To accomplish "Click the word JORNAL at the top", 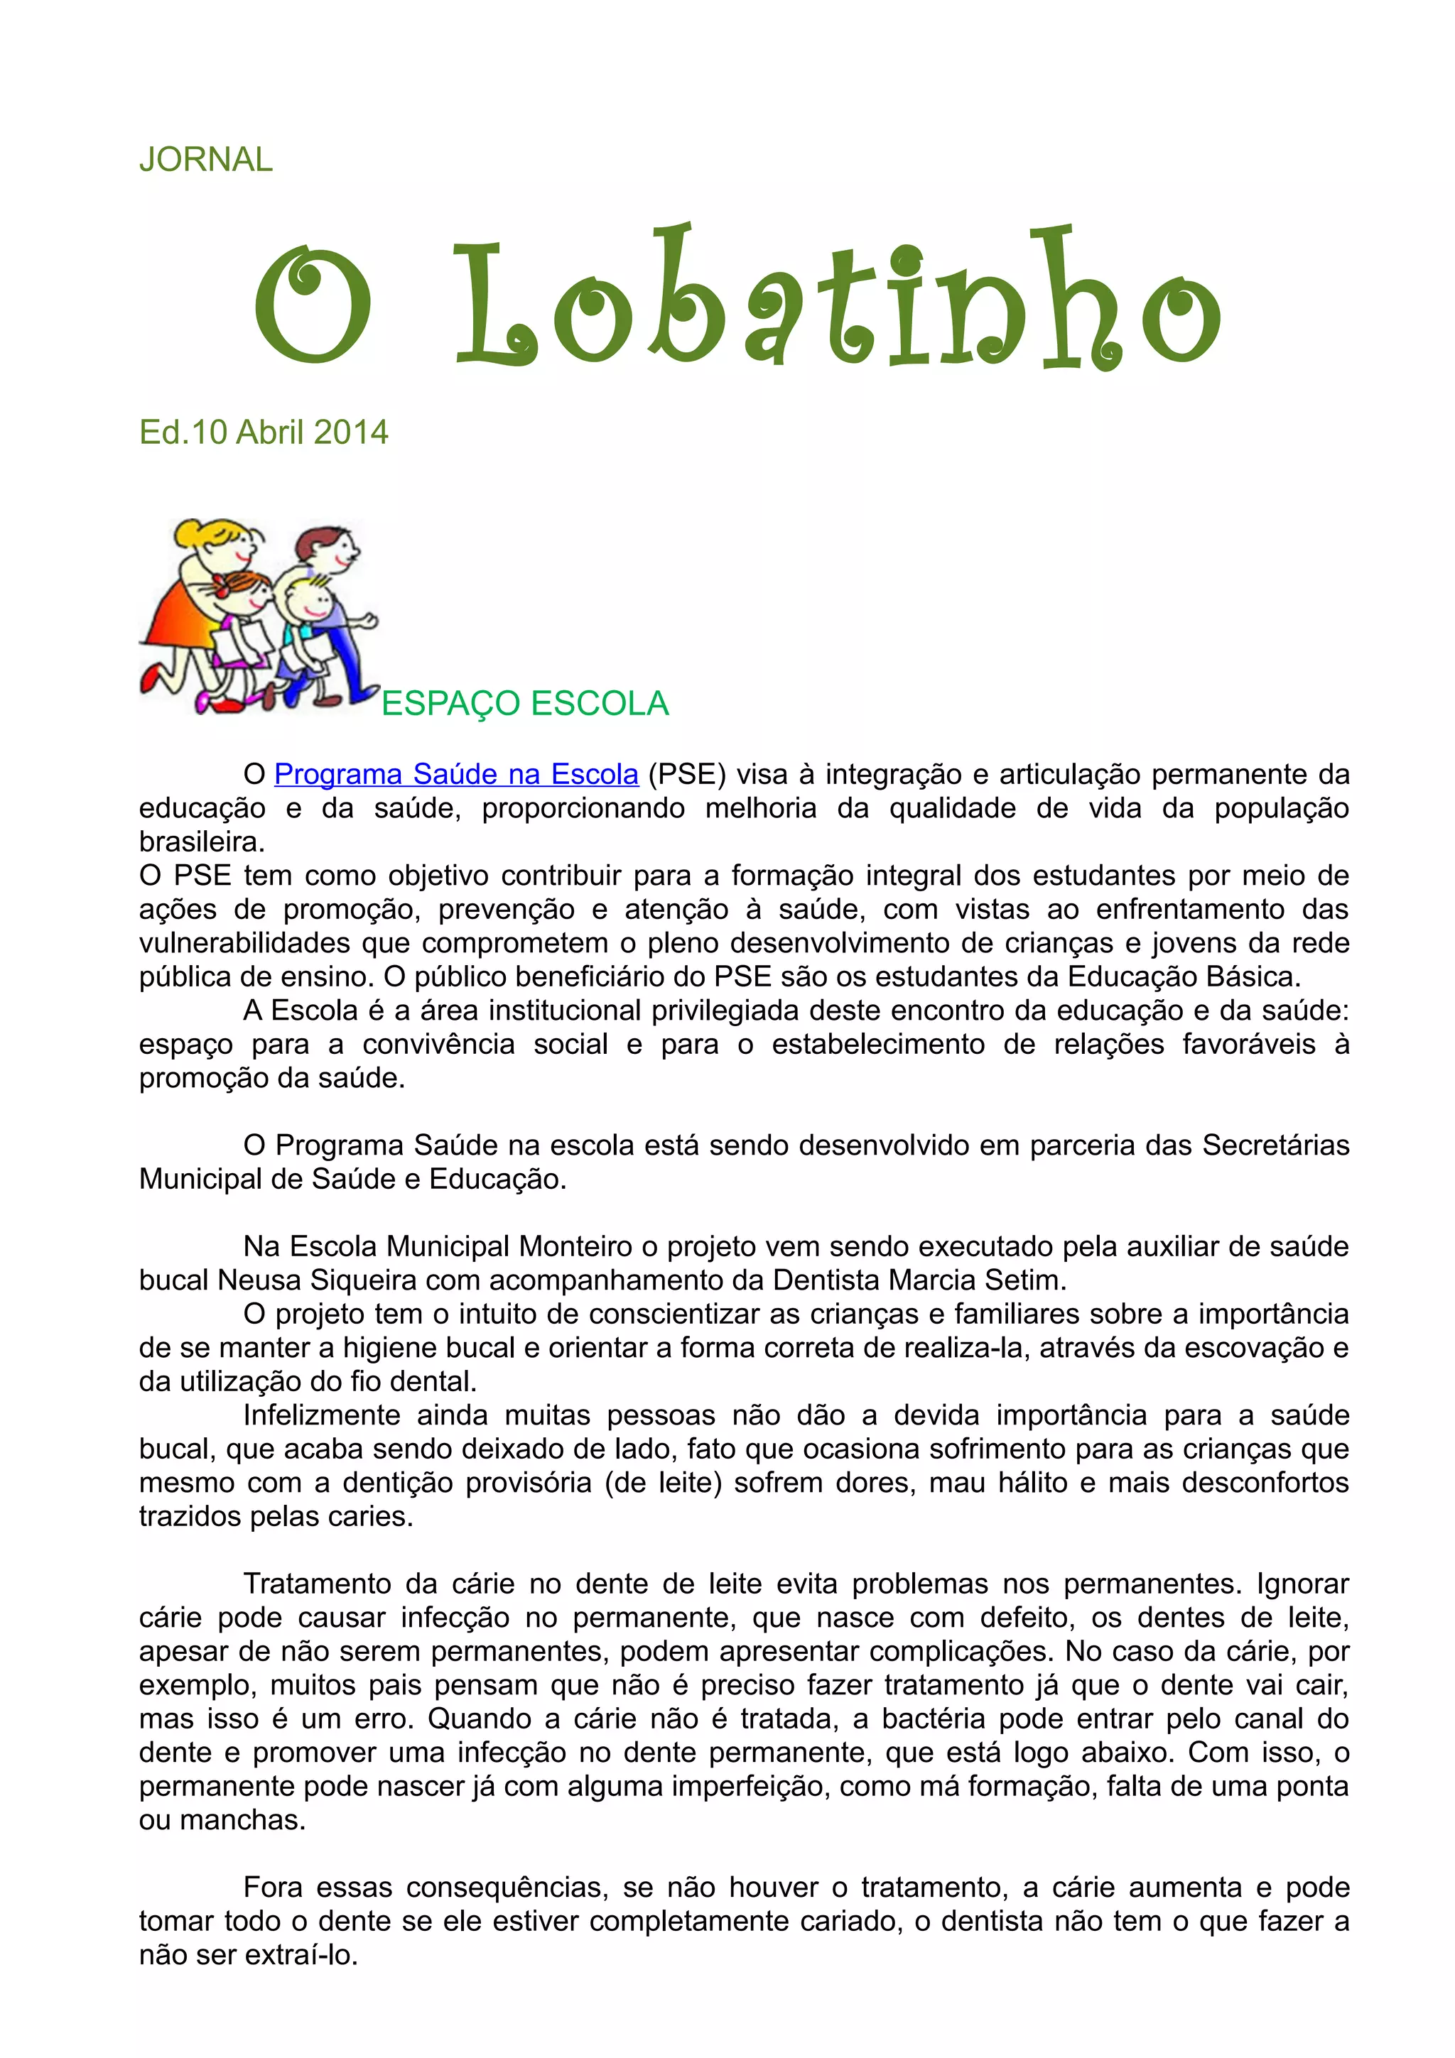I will pyautogui.click(x=205, y=160).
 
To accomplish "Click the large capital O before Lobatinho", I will pyautogui.click(x=312, y=304).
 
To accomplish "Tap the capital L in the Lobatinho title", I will pyautogui.click(x=496, y=304).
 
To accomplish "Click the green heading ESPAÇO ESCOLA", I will pyautogui.click(x=524, y=704).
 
